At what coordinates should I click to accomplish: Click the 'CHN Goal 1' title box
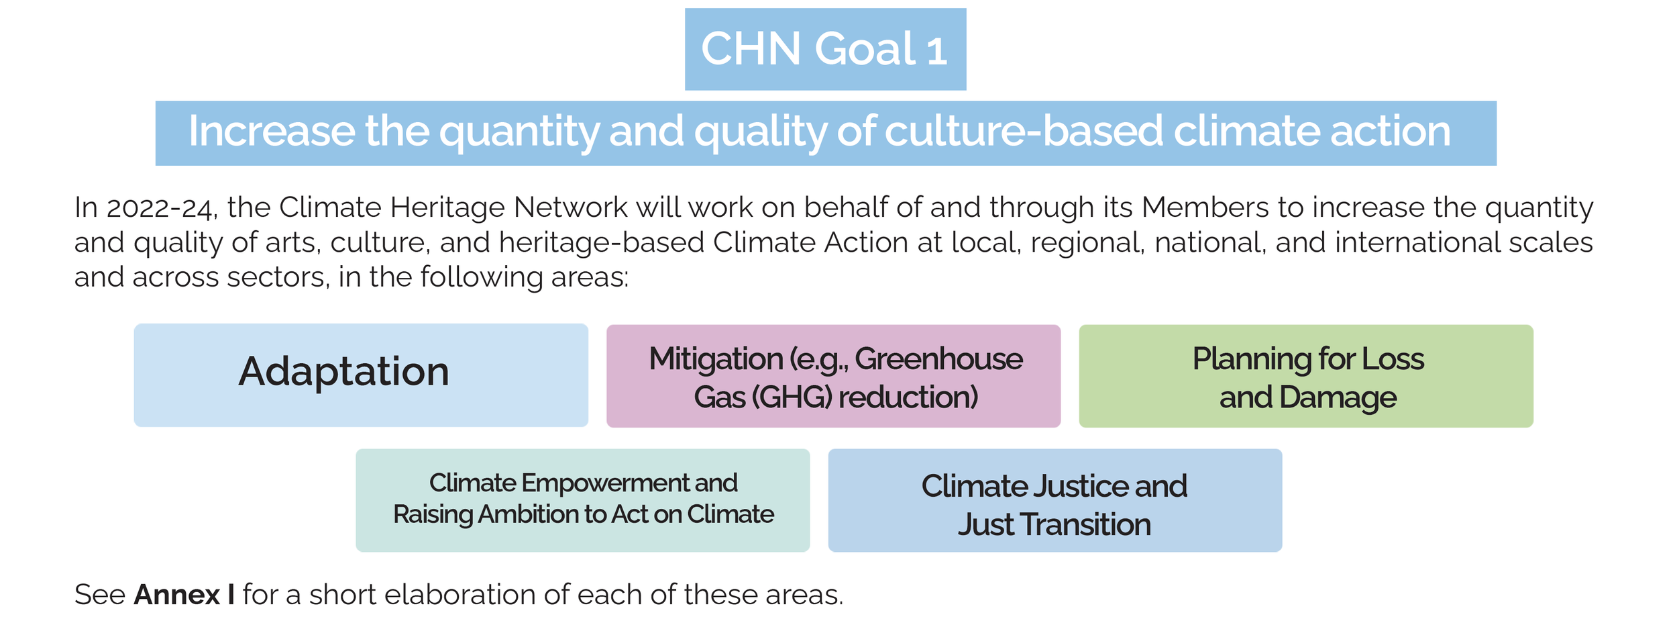point(825,49)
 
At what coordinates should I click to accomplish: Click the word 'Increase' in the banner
point(271,131)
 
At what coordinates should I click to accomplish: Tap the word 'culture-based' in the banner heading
point(1023,131)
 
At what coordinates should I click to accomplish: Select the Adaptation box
point(361,375)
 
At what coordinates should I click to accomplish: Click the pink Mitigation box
point(833,376)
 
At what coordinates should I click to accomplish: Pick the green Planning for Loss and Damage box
point(1305,376)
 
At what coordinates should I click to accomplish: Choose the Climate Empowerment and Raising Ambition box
point(582,500)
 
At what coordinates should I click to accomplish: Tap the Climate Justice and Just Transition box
point(1054,500)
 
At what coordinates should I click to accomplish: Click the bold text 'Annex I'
point(184,595)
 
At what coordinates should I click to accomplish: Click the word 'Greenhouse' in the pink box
point(938,359)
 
